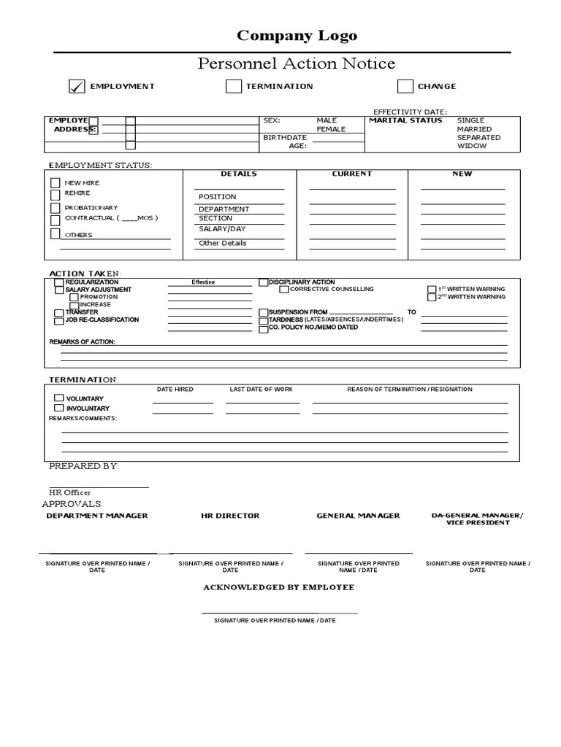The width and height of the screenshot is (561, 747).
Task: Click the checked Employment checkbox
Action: click(77, 87)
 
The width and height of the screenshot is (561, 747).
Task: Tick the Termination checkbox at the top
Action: click(234, 87)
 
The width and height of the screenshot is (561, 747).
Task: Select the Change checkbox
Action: click(405, 87)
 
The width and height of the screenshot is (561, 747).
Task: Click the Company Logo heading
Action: click(297, 36)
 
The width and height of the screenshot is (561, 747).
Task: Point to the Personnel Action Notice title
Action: click(297, 64)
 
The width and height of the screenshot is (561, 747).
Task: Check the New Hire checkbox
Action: click(56, 183)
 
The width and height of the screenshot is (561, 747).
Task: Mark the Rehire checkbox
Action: click(56, 195)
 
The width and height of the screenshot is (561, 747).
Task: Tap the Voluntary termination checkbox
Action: click(59, 398)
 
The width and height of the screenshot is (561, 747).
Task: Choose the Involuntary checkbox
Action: click(59, 409)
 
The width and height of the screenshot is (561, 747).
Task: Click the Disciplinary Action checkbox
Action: click(264, 282)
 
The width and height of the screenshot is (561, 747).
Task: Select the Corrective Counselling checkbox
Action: click(284, 290)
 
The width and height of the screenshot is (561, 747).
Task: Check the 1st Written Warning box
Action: click(432, 290)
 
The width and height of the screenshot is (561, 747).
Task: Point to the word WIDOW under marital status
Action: click(471, 146)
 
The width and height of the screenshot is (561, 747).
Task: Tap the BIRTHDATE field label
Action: click(285, 137)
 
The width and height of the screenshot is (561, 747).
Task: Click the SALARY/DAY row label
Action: click(222, 229)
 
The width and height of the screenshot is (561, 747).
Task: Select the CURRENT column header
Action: click(352, 174)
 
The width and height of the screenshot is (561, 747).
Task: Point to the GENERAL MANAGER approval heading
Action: click(358, 516)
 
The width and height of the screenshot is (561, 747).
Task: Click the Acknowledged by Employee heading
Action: click(280, 587)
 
